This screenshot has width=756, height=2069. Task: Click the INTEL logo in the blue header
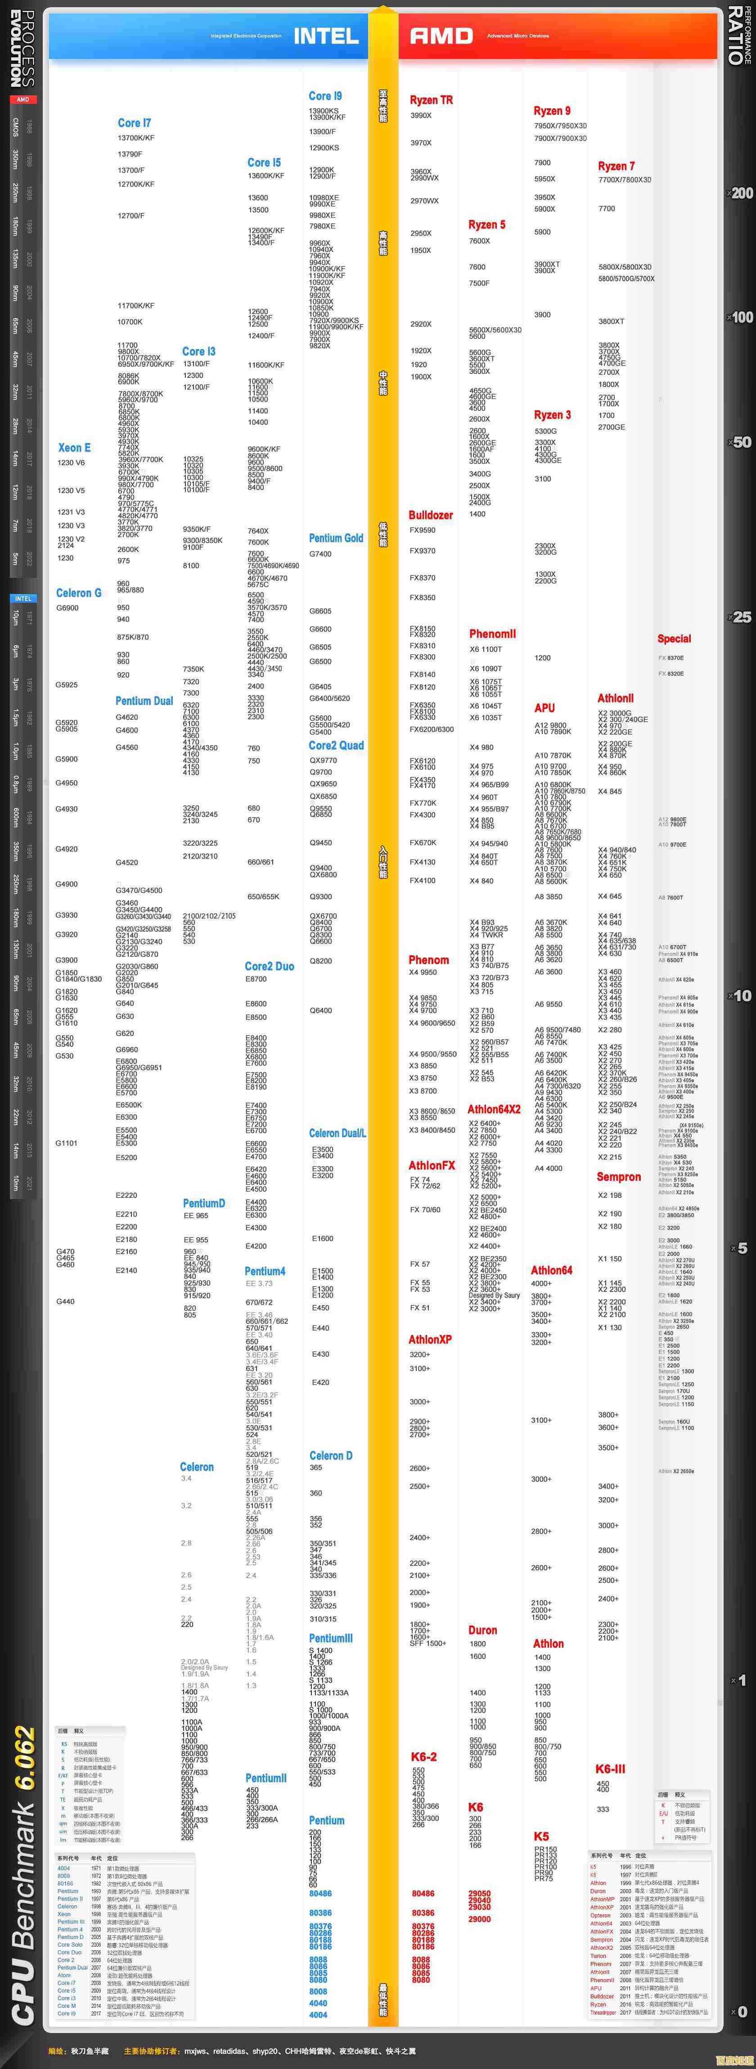[326, 36]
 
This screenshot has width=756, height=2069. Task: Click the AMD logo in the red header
[441, 36]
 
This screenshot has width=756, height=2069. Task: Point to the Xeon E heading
[74, 448]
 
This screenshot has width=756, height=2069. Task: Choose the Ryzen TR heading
[432, 100]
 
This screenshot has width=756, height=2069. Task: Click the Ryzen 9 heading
[552, 111]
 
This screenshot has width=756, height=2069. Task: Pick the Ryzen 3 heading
[553, 415]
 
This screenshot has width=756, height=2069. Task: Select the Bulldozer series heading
[431, 515]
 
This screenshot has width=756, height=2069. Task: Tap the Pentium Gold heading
[336, 538]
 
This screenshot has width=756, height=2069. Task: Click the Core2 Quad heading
[336, 745]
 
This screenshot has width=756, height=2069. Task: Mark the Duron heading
[483, 1630]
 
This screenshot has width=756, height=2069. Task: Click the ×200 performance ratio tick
[740, 193]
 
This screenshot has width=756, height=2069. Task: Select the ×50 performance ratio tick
[740, 443]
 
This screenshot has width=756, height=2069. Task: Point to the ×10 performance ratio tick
[740, 996]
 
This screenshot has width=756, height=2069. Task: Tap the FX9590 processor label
[423, 530]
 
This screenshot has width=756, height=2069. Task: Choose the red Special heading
[674, 639]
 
